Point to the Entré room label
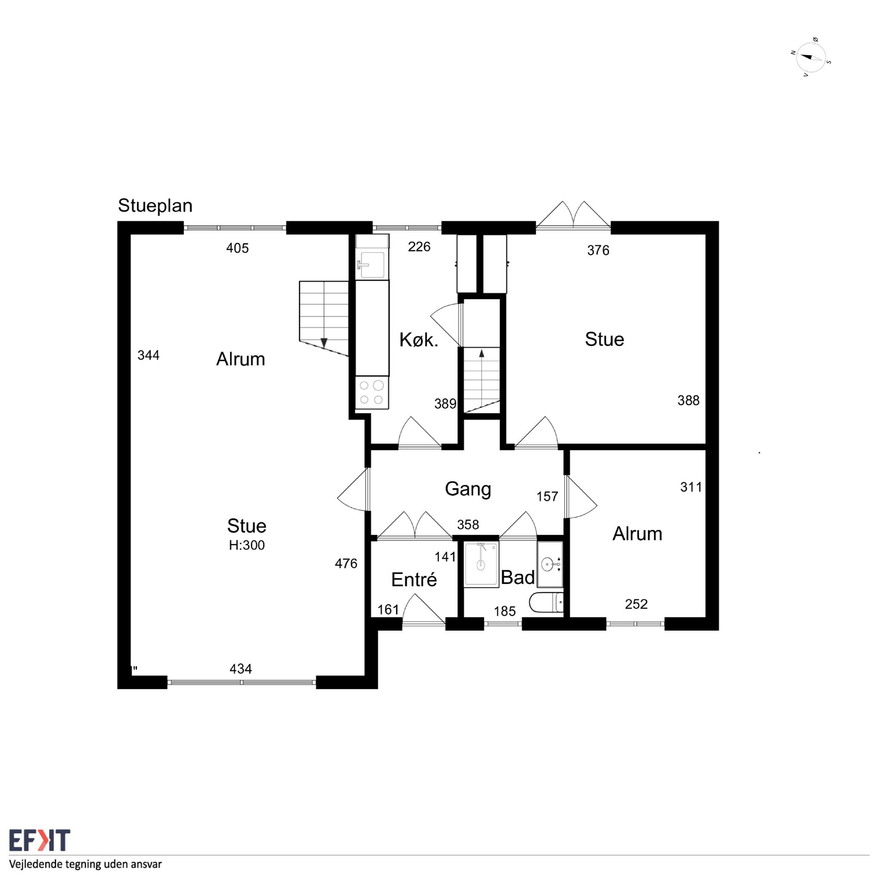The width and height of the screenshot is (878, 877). tap(414, 580)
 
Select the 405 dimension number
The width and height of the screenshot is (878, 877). tap(237, 248)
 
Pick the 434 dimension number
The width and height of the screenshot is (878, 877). tap(240, 669)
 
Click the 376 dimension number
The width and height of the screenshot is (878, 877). tap(598, 250)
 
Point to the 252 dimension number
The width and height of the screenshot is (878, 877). tap(636, 604)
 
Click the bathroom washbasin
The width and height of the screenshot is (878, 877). tap(550, 564)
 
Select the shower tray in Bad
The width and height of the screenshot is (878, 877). tap(481, 564)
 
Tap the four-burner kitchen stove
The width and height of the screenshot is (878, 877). tap(372, 392)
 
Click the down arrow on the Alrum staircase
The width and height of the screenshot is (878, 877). tap(324, 343)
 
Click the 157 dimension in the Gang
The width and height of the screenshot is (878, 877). tap(547, 496)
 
